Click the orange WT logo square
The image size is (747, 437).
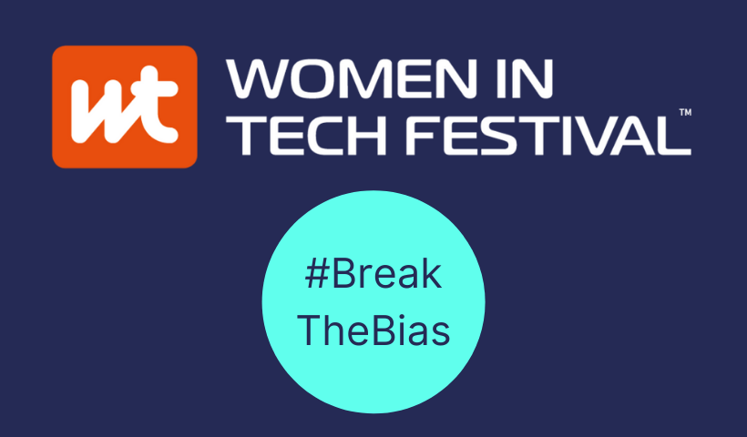click(125, 107)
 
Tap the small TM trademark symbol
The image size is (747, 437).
click(685, 112)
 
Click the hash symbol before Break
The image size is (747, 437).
click(317, 274)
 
